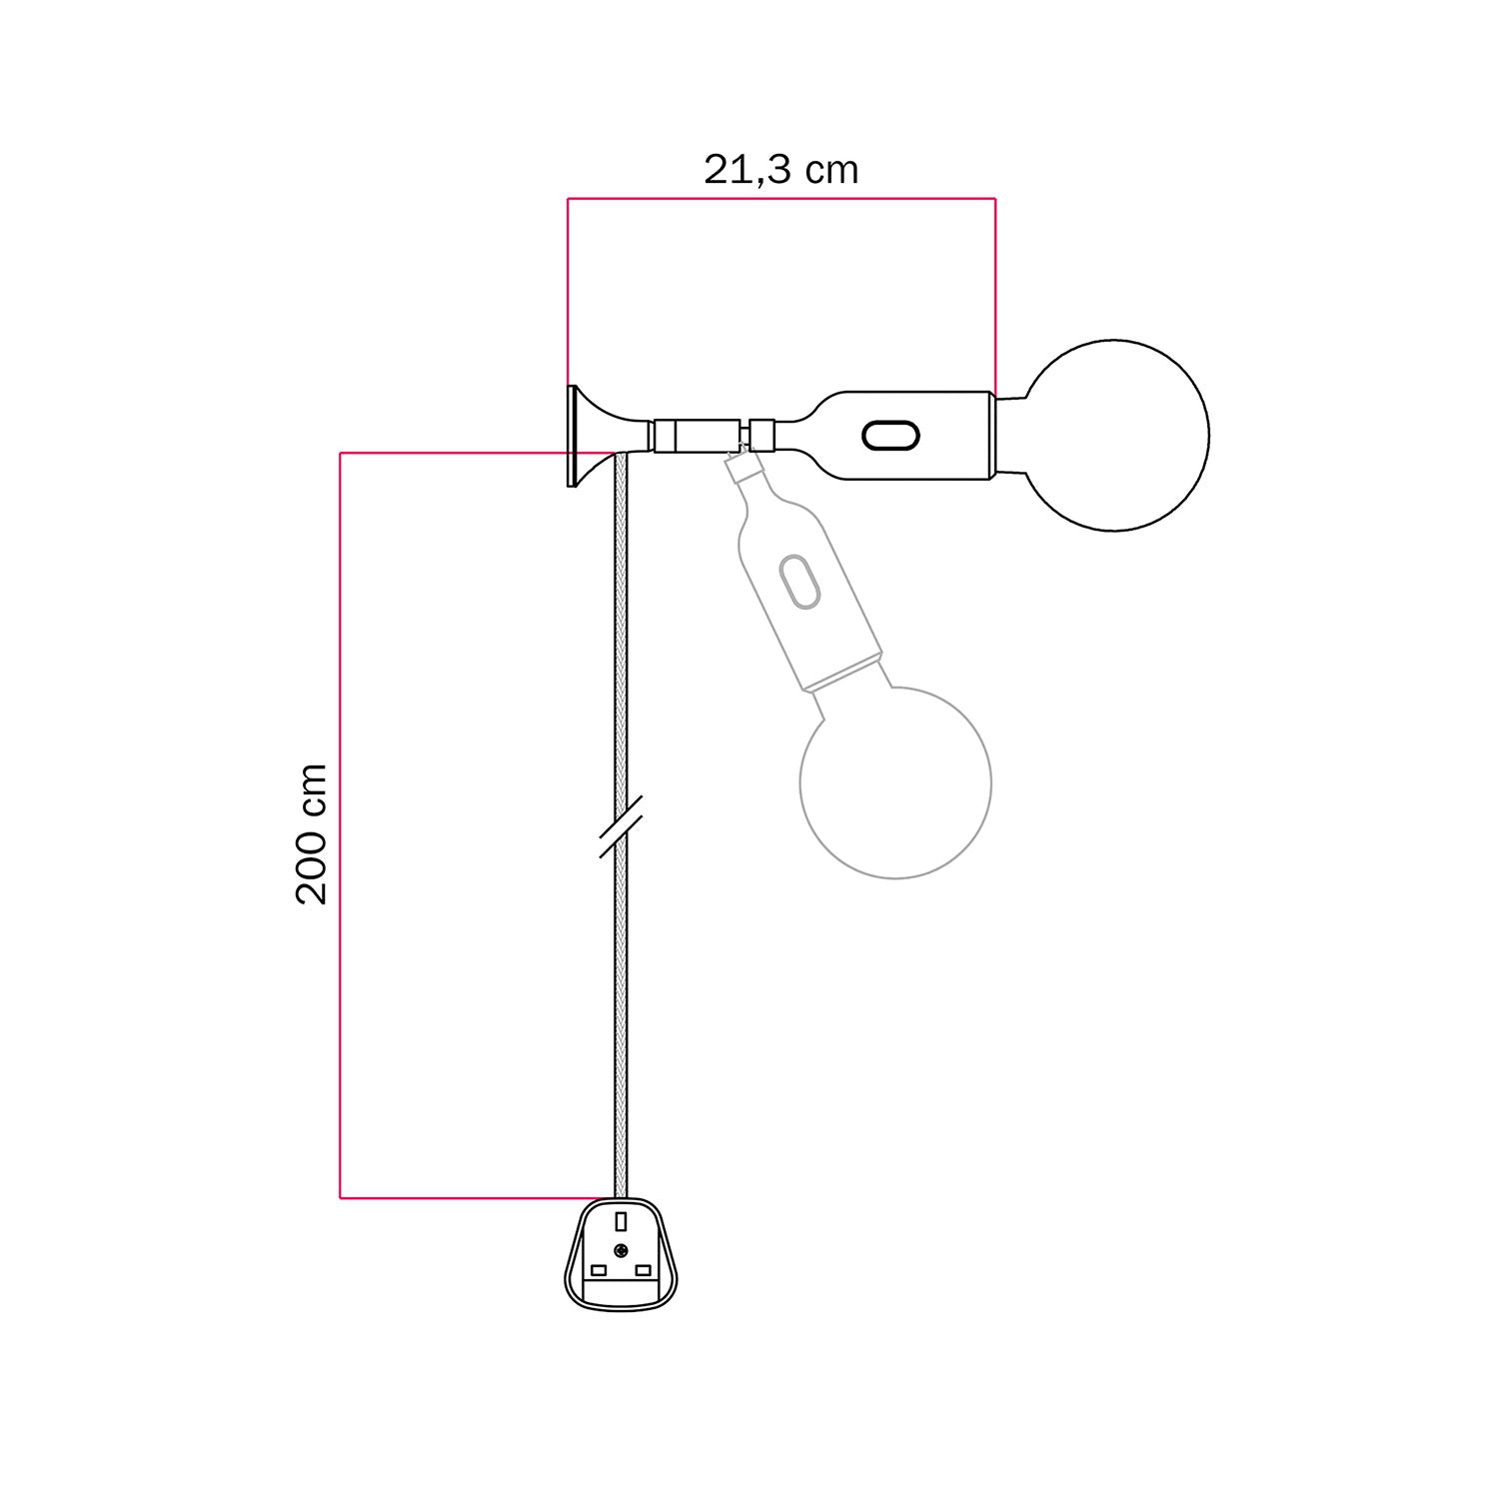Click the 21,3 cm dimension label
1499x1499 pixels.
coord(780,170)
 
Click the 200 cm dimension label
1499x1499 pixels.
coord(312,833)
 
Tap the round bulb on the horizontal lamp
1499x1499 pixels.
coord(1115,435)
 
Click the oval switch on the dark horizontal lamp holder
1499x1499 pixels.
coord(889,436)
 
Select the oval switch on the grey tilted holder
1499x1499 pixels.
coord(799,581)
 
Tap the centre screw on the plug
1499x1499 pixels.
coord(621,1249)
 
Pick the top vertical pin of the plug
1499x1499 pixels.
coord(621,1221)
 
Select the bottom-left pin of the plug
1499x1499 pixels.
coord(599,1270)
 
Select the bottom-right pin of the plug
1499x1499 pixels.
coord(644,1270)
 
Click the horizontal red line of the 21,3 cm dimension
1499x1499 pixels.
coord(780,199)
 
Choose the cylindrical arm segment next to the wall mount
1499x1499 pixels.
coord(697,436)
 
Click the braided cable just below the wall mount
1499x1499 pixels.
coord(621,520)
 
